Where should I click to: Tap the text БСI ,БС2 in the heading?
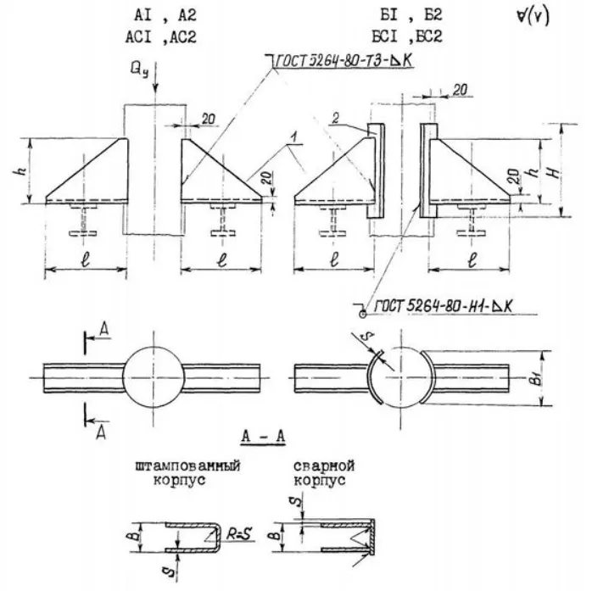point(410,36)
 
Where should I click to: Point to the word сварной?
point(323,466)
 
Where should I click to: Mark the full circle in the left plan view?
point(153,373)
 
